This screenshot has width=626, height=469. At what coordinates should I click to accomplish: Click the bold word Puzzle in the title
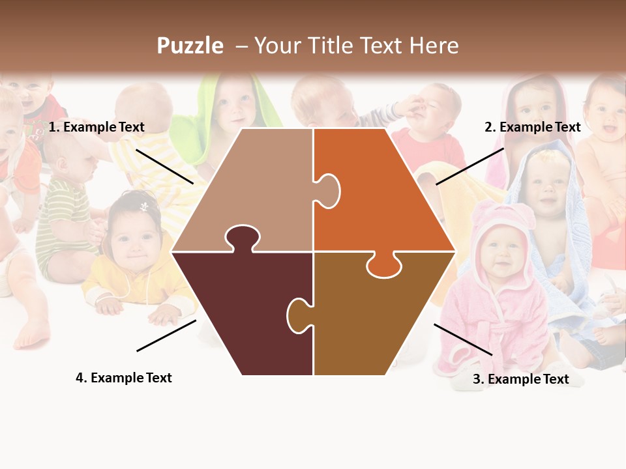pyautogui.click(x=190, y=46)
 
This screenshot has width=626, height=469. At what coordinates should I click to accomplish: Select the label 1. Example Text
pyautogui.click(x=97, y=128)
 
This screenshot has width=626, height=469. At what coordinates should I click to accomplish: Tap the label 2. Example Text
pyautogui.click(x=532, y=128)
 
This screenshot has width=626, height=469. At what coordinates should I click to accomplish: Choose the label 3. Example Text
pyautogui.click(x=520, y=379)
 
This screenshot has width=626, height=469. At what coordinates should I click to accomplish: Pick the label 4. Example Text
pyautogui.click(x=124, y=378)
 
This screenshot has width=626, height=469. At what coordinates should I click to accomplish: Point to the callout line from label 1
pyautogui.click(x=164, y=166)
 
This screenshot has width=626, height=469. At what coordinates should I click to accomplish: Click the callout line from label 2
pyautogui.click(x=469, y=166)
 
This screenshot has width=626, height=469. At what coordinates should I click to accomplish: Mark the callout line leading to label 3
pyautogui.click(x=463, y=339)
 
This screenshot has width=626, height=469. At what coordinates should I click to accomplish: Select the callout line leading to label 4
pyautogui.click(x=166, y=335)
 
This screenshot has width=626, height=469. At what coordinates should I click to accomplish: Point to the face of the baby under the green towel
pyautogui.click(x=235, y=104)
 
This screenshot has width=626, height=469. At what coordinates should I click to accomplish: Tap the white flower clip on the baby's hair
pyautogui.click(x=144, y=206)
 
